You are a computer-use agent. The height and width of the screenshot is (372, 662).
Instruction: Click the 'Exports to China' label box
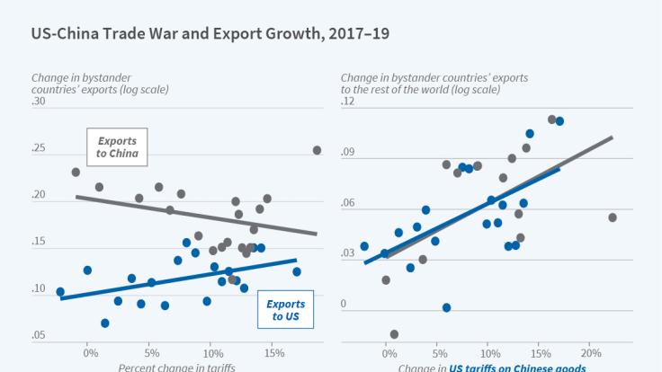coord(117,146)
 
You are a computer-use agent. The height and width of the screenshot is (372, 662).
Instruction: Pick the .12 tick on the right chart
coord(349,102)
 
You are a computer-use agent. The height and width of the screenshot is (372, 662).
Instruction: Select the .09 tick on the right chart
coord(349,153)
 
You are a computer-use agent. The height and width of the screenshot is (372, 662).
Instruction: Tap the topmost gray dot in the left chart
coord(317,150)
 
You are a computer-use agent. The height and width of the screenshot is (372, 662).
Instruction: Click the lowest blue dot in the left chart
coord(104,323)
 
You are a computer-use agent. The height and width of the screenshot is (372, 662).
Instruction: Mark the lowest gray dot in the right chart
coord(394,334)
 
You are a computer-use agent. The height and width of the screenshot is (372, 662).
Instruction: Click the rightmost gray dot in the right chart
coord(613,217)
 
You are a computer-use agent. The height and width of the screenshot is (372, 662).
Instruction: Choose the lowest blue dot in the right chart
coord(446,307)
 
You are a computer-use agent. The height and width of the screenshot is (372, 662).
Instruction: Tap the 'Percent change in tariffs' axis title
coord(176,367)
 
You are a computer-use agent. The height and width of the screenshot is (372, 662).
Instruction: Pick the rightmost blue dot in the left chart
coord(296,271)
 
